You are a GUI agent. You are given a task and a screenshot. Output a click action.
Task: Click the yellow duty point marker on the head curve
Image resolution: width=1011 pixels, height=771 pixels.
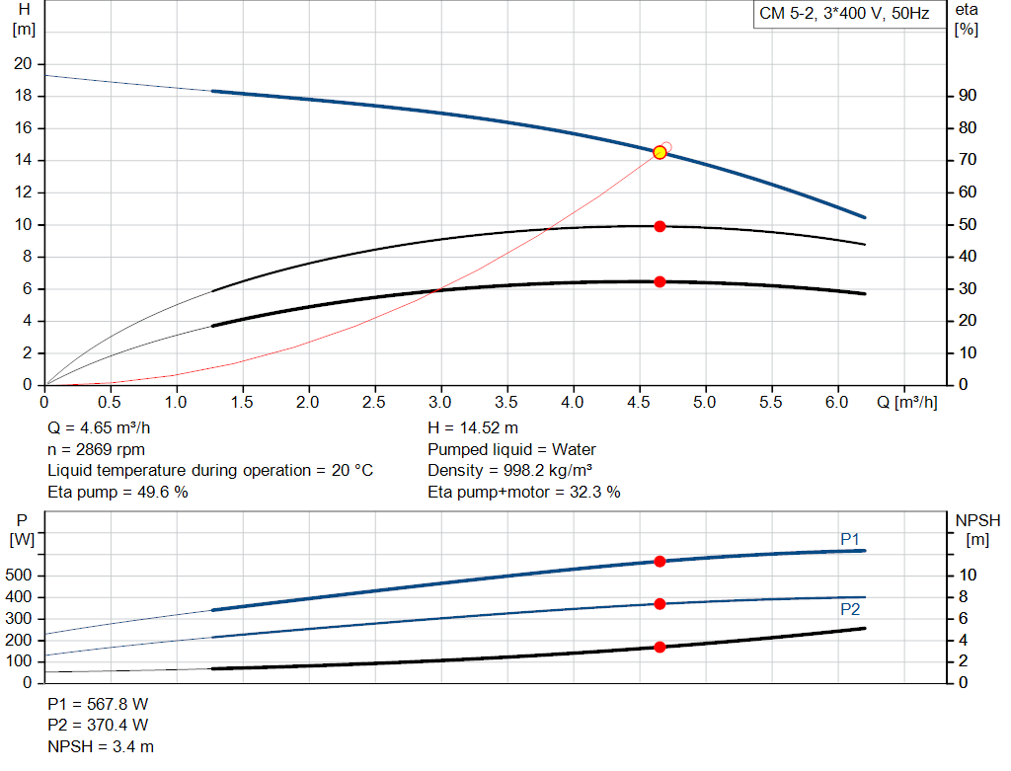click(660, 152)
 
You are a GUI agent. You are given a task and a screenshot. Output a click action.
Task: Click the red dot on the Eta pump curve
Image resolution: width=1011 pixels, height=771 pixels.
click(660, 226)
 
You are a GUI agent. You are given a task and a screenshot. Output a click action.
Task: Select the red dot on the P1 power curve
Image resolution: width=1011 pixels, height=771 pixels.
click(660, 561)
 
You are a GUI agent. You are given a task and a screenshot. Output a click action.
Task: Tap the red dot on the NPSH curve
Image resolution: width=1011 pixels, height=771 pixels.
click(660, 647)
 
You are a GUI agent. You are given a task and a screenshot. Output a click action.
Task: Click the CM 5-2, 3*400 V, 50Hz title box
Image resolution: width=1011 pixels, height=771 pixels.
click(844, 15)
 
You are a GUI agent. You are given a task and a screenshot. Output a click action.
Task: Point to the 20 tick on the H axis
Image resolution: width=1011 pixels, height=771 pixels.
click(22, 64)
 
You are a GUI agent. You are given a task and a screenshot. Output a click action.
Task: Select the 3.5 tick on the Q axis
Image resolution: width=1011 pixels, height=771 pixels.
click(507, 403)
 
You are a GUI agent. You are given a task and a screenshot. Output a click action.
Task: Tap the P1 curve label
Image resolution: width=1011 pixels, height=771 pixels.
click(850, 538)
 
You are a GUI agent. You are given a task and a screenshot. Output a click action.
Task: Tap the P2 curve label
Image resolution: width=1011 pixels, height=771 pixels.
click(850, 609)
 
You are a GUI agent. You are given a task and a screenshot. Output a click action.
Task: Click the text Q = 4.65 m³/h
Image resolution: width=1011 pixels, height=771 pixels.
click(100, 428)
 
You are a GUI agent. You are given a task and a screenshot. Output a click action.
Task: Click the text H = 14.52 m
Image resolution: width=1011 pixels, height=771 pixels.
click(473, 428)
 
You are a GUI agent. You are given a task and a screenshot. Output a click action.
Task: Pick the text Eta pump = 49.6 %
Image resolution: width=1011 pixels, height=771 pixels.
click(117, 492)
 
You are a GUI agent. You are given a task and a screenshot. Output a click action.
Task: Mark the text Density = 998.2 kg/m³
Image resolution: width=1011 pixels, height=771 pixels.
click(510, 470)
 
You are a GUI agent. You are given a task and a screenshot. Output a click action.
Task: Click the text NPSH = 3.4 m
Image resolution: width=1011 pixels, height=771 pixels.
click(101, 746)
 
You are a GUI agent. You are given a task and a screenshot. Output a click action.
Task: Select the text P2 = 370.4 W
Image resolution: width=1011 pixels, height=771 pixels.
click(98, 726)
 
